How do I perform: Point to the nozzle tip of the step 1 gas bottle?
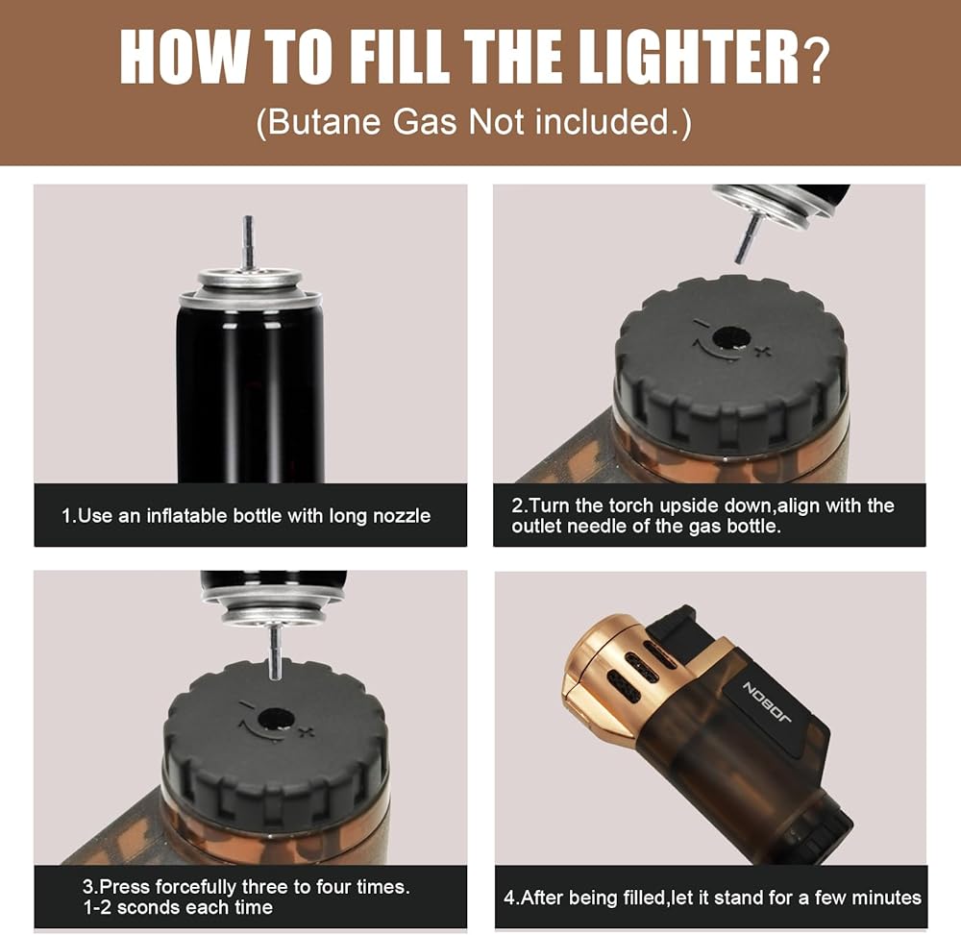248,219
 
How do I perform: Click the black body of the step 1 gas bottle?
250,392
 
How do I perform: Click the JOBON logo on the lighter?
766,701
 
